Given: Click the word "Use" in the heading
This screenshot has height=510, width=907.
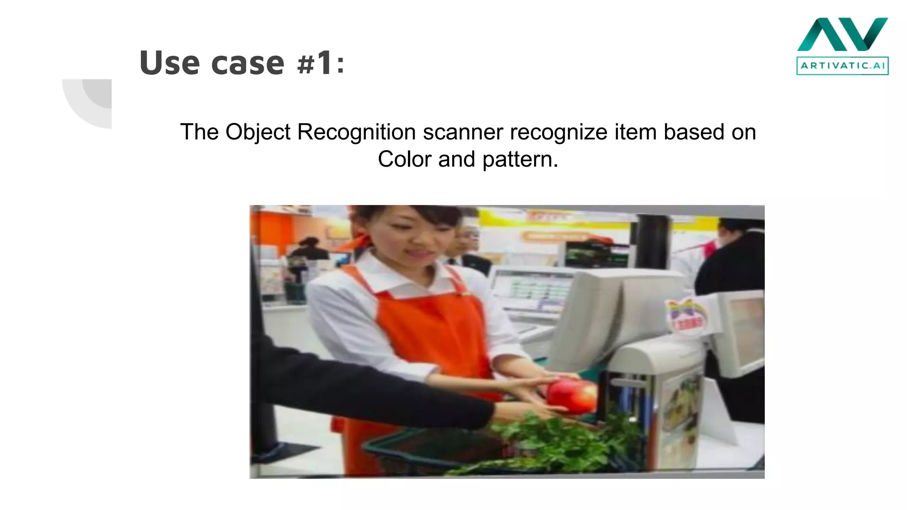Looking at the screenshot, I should pyautogui.click(x=169, y=63).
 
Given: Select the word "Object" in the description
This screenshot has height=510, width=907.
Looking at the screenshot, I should pyautogui.click(x=258, y=132).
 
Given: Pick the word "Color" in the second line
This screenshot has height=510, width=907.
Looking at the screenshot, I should pyautogui.click(x=404, y=159).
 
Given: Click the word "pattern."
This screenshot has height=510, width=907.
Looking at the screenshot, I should pyautogui.click(x=520, y=160).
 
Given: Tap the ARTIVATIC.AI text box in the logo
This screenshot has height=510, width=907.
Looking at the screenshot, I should pyautogui.click(x=842, y=66).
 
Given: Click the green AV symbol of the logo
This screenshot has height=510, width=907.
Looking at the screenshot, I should pyautogui.click(x=842, y=35).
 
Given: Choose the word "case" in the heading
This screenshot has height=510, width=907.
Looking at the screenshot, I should pyautogui.click(x=248, y=63).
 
